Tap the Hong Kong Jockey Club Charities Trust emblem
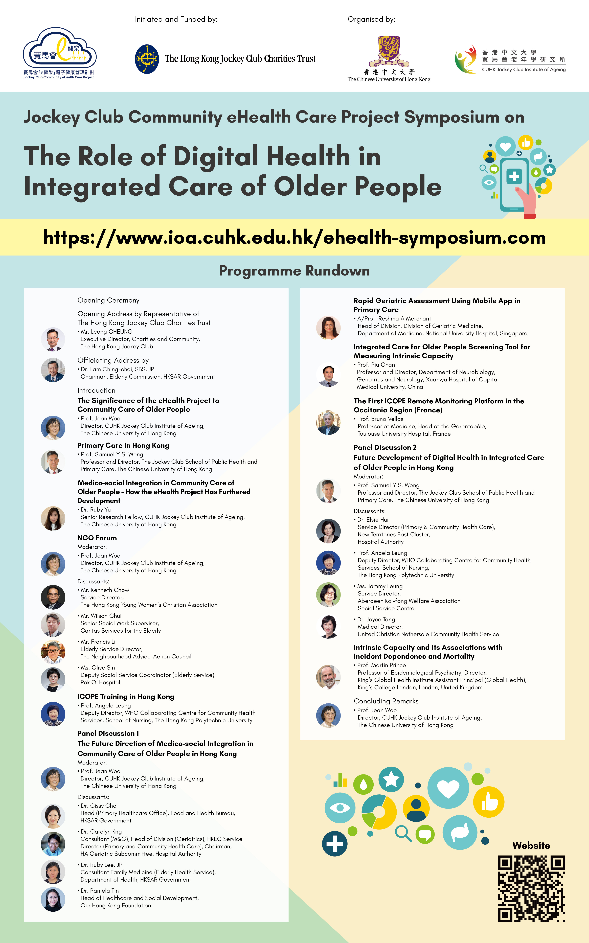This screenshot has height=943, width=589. [x=147, y=59]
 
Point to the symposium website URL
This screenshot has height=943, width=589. [x=294, y=237]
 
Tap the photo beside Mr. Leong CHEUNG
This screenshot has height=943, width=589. [x=53, y=339]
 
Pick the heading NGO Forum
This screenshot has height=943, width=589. [x=97, y=538]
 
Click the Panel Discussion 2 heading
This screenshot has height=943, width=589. [x=385, y=447]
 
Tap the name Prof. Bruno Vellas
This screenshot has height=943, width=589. [x=380, y=419]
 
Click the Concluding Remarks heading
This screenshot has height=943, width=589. [x=386, y=701]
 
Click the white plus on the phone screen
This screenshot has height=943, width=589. [x=514, y=176]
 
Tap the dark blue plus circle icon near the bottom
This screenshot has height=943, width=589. [x=335, y=844]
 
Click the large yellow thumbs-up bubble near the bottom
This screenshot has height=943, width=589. [x=488, y=802]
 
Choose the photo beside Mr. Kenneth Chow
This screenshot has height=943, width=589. [x=53, y=597]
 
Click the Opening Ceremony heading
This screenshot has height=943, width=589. [x=108, y=300]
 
